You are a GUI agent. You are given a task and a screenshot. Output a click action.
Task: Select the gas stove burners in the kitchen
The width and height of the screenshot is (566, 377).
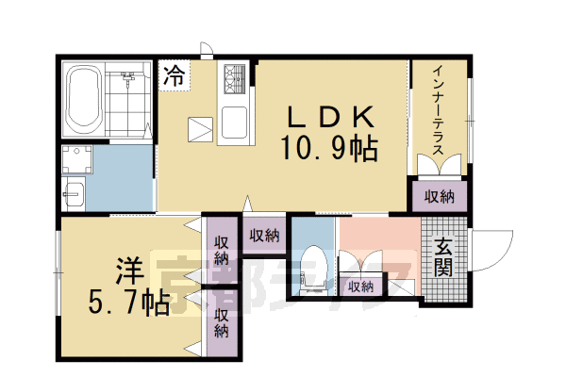coord(233,77)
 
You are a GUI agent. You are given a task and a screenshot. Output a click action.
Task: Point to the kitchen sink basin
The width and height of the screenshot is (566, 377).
coord(235,123)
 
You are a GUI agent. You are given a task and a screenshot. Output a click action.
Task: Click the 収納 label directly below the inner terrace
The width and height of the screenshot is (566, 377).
coord(439,197)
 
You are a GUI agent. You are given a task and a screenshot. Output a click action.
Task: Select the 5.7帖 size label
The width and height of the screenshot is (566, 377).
coord(130,303)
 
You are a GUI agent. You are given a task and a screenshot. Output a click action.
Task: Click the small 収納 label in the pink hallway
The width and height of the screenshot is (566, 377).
coord(360,286)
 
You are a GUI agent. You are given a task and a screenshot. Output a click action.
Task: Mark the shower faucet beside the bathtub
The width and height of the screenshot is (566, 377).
coord(129,77)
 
